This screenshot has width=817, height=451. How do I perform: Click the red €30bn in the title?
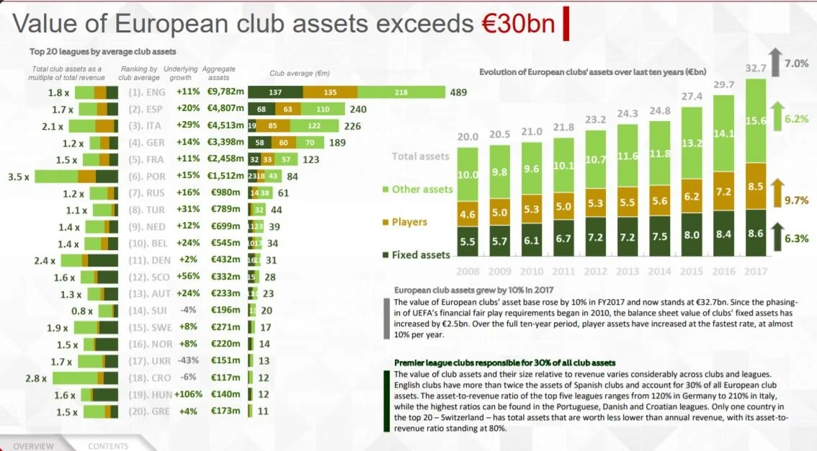point(518,23)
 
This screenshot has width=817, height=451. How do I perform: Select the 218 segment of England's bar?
point(401,92)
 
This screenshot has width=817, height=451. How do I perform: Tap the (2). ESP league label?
point(146,110)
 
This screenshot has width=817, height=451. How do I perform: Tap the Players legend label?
point(409,222)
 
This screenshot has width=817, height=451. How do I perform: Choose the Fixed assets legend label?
point(421,254)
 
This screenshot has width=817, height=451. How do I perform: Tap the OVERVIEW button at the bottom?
point(33,446)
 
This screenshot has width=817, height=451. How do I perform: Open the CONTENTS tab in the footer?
point(108,446)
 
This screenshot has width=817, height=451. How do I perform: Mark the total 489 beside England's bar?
point(459,92)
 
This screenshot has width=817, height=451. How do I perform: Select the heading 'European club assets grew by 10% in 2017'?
point(473,290)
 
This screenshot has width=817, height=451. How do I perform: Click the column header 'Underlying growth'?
point(181,73)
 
